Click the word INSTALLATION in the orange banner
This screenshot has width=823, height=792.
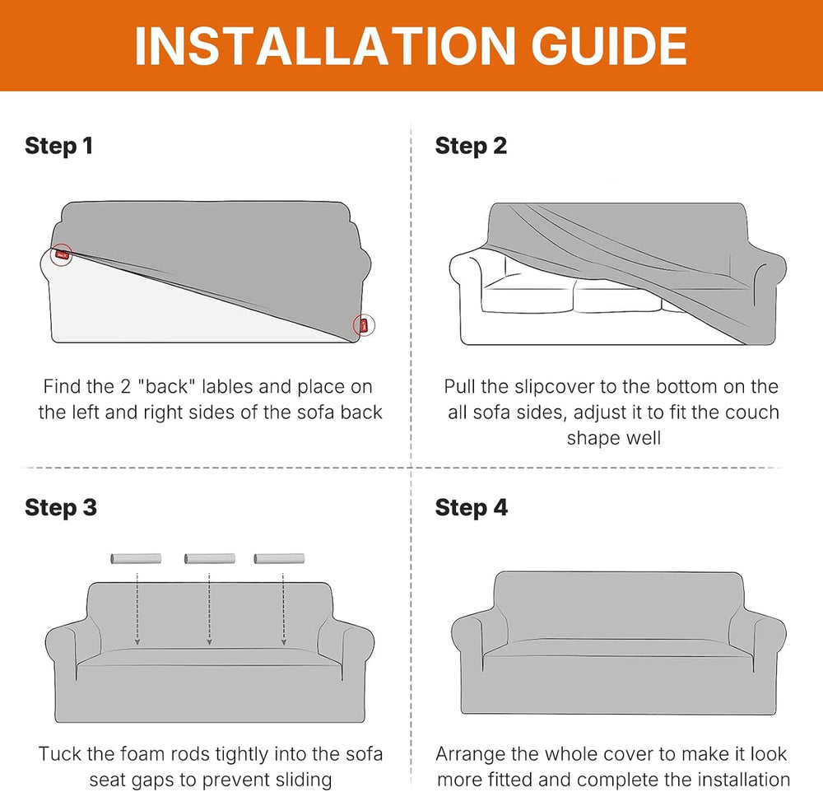tap(325, 46)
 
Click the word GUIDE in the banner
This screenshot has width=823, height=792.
tap(609, 46)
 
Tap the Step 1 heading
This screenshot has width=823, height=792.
tap(58, 146)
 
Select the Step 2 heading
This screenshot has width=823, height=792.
tap(471, 146)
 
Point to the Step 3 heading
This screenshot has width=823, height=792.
tap(61, 507)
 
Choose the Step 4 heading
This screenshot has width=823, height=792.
tap(472, 507)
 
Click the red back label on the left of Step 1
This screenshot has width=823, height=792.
tap(62, 254)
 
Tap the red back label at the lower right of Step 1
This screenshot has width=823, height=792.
tap(364, 326)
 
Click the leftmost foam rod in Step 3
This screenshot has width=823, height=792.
tap(136, 558)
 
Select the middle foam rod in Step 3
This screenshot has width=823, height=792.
tap(209, 558)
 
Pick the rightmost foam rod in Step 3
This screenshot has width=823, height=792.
tap(279, 558)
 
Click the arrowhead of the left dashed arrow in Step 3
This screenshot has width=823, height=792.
tap(137, 642)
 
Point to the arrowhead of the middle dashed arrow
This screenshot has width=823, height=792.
tap(209, 642)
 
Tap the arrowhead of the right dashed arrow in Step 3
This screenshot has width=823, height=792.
tap(283, 642)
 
